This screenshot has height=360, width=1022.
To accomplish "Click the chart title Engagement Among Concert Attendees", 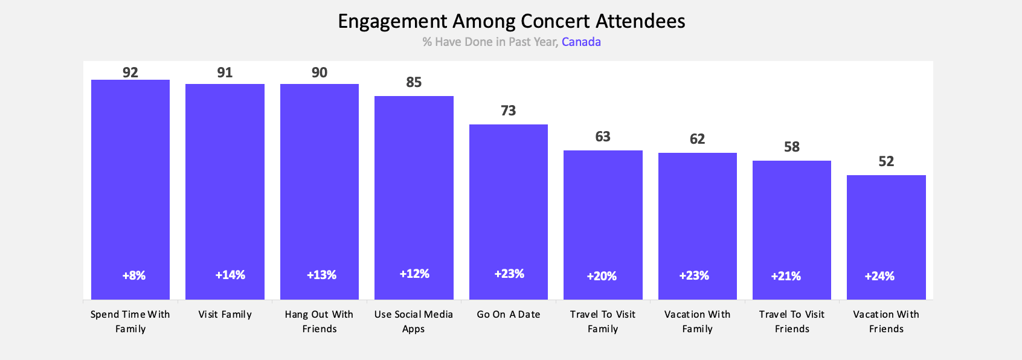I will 511,21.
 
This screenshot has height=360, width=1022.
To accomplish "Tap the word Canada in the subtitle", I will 581,42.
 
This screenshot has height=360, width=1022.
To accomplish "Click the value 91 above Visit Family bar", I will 225,72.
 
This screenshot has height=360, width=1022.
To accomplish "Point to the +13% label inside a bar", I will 321,275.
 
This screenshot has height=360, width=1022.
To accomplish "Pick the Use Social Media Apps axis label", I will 414,321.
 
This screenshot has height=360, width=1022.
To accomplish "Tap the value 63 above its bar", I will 603,137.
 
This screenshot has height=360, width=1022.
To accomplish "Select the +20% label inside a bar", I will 602,276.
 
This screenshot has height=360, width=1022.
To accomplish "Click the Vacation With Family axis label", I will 697,321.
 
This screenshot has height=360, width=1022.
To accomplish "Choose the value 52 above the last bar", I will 886,161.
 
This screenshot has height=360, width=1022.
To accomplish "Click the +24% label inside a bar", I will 879,276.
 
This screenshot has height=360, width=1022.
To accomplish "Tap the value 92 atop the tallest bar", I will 130,72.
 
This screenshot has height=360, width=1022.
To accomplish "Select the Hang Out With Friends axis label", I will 319,321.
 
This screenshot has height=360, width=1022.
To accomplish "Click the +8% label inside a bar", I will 134,275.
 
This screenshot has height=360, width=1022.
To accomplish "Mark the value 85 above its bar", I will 414,82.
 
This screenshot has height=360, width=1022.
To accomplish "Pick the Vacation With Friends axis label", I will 886,321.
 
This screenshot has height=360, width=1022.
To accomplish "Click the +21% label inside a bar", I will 786,276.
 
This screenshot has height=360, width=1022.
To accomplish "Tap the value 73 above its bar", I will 509,111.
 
